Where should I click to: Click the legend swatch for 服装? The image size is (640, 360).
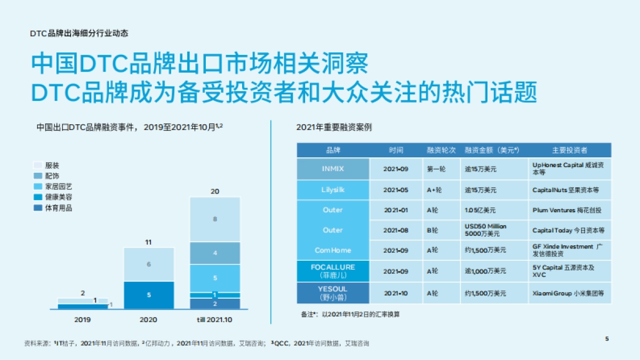37,165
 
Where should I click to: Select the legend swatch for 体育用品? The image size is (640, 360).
37,208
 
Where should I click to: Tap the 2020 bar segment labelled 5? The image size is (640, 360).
149,295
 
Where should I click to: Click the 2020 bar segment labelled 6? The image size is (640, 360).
149,264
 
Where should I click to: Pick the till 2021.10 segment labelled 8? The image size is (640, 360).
215,219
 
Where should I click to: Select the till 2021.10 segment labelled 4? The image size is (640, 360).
215,253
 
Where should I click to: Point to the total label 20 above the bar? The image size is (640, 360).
215,191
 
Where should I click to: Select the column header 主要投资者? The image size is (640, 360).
570,150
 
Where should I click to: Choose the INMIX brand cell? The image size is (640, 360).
333,169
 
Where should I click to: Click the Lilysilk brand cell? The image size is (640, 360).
333,190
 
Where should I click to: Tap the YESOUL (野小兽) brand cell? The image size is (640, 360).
333,293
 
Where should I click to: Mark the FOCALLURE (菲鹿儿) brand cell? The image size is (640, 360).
333,271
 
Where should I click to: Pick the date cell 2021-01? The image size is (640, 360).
396,210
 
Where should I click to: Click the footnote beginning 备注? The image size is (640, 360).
350,314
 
